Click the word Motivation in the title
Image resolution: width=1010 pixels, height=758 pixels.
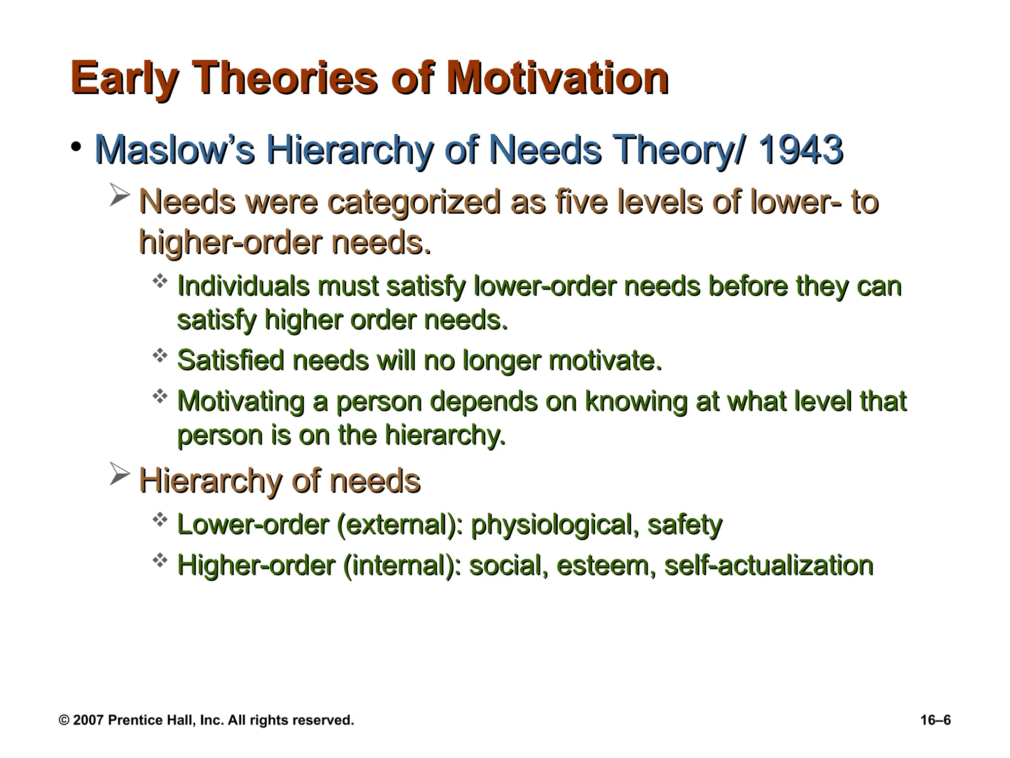(557, 79)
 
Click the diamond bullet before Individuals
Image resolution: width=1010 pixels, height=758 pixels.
(160, 282)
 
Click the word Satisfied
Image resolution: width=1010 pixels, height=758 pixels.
(230, 360)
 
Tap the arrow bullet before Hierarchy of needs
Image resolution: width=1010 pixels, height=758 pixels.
(119, 474)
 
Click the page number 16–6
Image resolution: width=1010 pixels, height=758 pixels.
(935, 720)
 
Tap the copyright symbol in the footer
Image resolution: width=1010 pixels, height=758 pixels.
(64, 720)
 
